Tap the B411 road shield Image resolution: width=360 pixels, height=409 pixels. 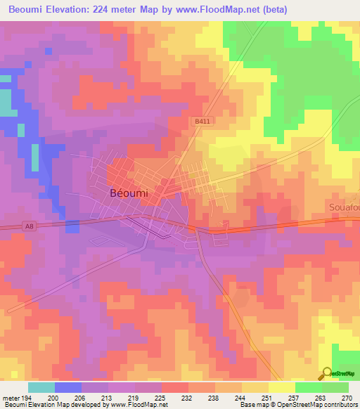(x=202, y=122)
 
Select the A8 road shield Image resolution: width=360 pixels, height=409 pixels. (x=28, y=226)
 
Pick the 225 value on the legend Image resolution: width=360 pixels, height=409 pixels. (x=161, y=398)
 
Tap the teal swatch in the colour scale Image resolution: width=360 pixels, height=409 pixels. (x=41, y=387)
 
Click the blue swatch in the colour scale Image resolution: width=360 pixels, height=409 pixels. (x=67, y=387)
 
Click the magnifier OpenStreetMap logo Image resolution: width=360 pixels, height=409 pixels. (x=326, y=373)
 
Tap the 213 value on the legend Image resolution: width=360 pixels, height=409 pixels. (x=108, y=398)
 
